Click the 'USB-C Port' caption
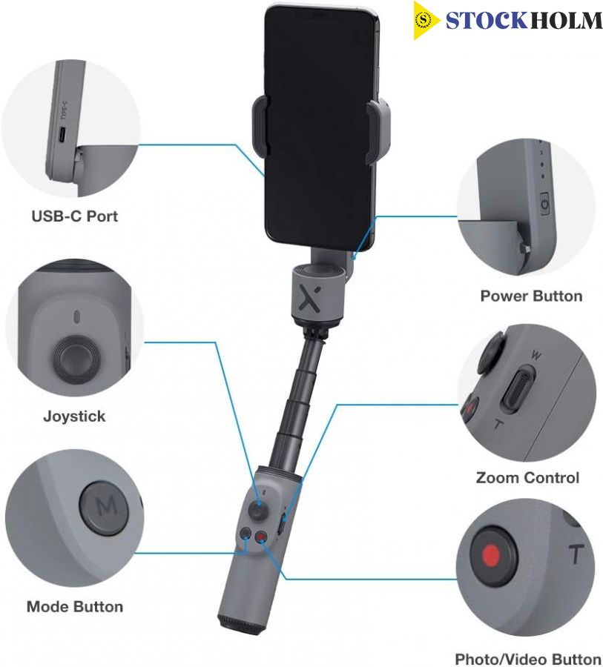tap(74, 216)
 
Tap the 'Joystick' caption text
tap(74, 416)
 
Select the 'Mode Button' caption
tap(75, 606)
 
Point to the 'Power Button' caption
tap(531, 296)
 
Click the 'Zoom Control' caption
tap(527, 477)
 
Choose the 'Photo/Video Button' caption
tap(528, 659)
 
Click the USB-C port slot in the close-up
tap(62, 135)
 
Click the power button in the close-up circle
tap(544, 204)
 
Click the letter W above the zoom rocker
tap(536, 354)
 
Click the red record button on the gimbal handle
tap(260, 537)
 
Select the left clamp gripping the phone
tap(260, 127)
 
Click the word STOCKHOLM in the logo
tap(524, 21)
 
